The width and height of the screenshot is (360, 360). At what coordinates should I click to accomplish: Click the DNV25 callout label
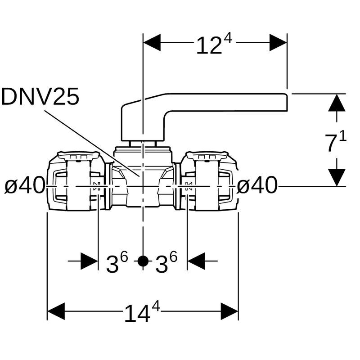(40, 97)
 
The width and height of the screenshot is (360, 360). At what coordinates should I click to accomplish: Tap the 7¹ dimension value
(335, 143)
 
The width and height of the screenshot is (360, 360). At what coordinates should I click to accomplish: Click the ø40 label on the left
(25, 185)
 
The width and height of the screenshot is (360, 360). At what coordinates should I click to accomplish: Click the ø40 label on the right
(257, 185)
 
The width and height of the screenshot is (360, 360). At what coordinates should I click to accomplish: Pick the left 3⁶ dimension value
(117, 262)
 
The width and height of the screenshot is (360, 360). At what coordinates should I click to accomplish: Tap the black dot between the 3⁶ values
(143, 261)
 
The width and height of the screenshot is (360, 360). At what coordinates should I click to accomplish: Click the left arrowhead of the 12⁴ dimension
(152, 43)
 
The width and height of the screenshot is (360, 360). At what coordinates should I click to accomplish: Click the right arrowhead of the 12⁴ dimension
(278, 43)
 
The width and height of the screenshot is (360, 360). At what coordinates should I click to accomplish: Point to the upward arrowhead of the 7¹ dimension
(337, 103)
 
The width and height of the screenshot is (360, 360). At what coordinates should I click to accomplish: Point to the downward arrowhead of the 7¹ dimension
(337, 177)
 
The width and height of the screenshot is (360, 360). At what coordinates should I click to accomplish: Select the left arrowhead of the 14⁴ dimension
(56, 311)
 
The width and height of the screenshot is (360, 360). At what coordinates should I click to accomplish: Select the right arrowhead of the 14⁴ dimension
(229, 311)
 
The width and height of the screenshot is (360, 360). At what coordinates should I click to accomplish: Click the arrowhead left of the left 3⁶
(89, 261)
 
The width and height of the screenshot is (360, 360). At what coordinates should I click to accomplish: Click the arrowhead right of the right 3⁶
(196, 261)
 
